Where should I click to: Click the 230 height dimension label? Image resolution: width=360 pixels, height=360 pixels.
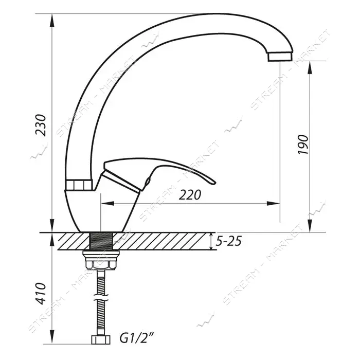coord(41,125)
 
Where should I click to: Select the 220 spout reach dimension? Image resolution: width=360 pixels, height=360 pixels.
coord(190,195)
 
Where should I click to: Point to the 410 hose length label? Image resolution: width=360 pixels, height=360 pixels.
coord(41,293)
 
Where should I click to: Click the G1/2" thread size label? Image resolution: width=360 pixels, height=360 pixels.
coord(136,338)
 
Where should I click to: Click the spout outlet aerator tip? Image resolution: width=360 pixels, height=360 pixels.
coord(280,56)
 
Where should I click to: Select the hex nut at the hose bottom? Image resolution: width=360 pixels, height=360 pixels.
coord(101,340)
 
